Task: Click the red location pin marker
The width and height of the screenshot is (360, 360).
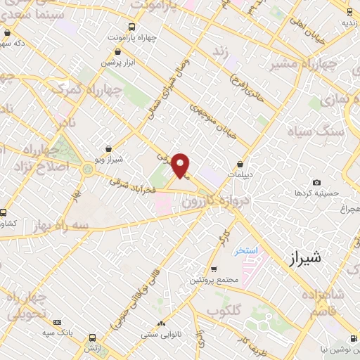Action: click(x=181, y=165)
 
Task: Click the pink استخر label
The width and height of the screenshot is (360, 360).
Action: click(x=247, y=250)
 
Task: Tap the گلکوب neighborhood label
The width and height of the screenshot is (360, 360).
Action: click(x=224, y=309)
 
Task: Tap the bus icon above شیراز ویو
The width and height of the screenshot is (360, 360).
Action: click(x=108, y=149)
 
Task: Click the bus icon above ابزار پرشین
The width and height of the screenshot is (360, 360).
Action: click(x=117, y=51)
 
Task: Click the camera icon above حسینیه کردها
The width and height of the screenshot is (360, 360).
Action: click(x=316, y=182)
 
